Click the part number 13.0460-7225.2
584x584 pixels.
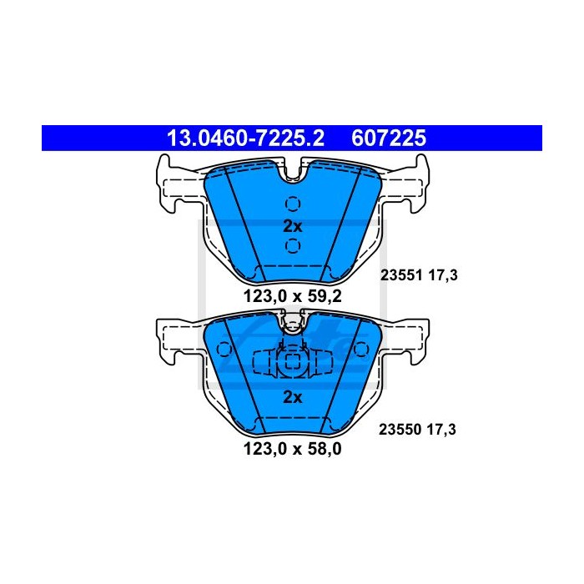(x=245, y=138)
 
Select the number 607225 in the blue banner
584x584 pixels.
(x=389, y=138)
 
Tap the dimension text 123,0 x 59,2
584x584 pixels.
(x=292, y=296)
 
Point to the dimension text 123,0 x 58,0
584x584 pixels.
(x=292, y=449)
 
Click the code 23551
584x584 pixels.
(x=401, y=275)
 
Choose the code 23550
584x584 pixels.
(x=400, y=430)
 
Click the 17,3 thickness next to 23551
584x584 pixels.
(x=443, y=275)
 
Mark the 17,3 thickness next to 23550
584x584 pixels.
(x=441, y=430)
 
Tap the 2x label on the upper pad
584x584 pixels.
(x=293, y=226)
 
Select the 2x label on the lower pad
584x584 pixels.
(x=293, y=397)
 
